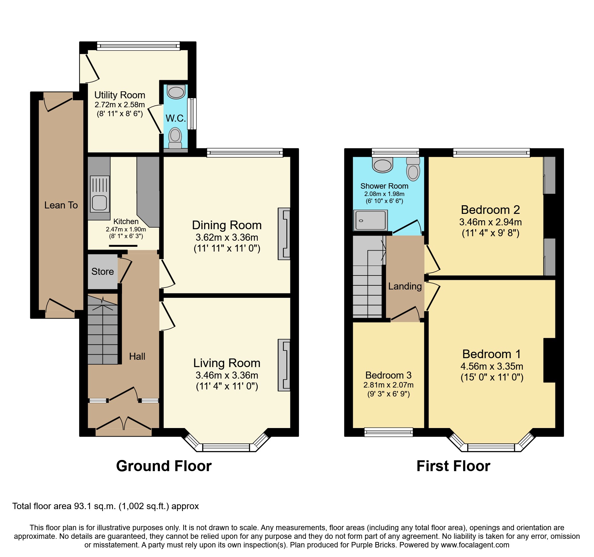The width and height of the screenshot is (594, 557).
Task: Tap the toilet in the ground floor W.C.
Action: (175, 138)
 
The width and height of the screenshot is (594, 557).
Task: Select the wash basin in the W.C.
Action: (176, 92)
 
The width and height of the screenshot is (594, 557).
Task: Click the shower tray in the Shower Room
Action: (370, 220)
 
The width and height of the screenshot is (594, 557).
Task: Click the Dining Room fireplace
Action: (284, 234)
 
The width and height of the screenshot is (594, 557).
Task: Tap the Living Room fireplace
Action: (284, 365)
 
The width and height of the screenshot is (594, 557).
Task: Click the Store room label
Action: (103, 272)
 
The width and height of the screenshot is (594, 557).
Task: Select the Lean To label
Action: (61, 205)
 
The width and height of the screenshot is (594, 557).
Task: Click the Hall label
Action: (137, 357)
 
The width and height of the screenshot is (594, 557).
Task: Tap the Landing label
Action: (405, 286)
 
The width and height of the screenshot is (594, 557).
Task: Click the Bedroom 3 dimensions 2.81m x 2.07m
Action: (388, 385)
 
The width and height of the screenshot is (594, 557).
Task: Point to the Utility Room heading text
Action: (120, 95)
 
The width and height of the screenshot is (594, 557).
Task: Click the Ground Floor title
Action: (164, 466)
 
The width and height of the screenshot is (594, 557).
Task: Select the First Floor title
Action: (453, 466)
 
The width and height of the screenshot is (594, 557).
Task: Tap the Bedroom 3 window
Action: (389, 432)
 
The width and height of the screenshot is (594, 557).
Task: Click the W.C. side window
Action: (192, 113)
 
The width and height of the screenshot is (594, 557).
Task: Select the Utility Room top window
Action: (138, 46)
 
